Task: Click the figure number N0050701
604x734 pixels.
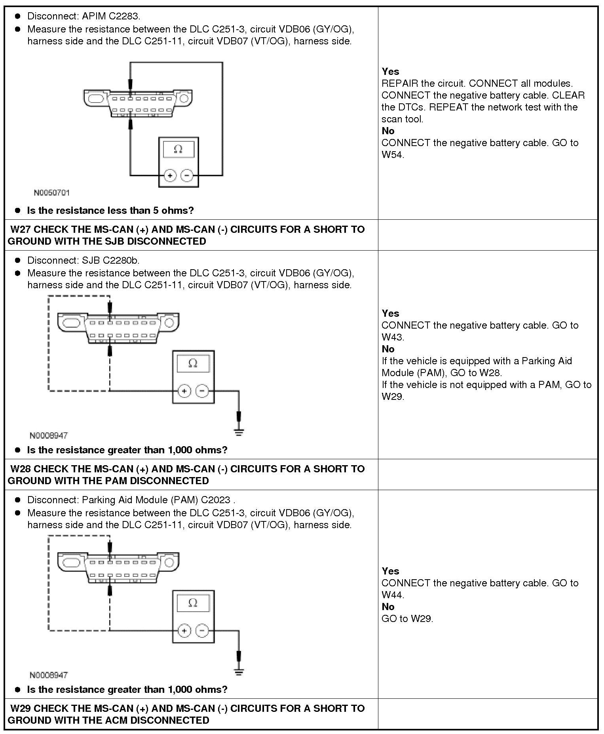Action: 51,193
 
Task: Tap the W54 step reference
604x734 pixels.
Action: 393,155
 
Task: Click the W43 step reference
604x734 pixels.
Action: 393,337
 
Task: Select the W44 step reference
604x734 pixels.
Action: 393,595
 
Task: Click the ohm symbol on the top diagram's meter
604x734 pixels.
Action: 179,150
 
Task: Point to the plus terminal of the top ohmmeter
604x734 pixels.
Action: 170,175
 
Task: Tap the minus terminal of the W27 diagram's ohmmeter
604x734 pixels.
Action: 202,391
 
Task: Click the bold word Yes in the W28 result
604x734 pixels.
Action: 390,571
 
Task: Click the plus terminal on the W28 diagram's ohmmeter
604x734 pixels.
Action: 184,631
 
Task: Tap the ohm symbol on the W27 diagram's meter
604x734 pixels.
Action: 193,363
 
